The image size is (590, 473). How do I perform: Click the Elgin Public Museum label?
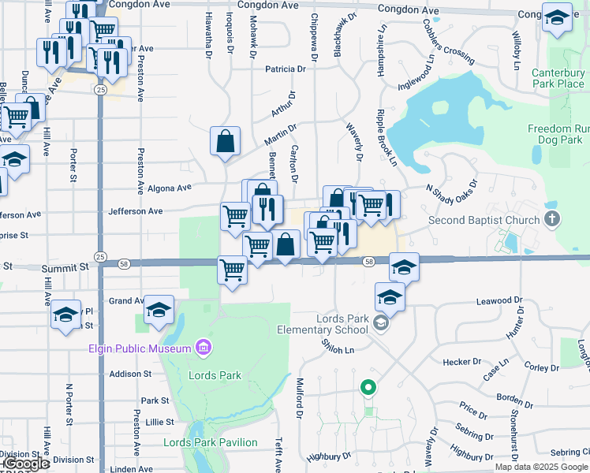point(140,348)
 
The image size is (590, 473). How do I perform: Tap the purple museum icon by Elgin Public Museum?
point(204,348)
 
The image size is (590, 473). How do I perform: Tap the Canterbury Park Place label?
point(558,78)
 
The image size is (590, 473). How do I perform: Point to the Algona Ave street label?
point(170,188)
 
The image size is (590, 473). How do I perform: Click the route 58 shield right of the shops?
point(368,261)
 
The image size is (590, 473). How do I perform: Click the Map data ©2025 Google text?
point(541,467)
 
